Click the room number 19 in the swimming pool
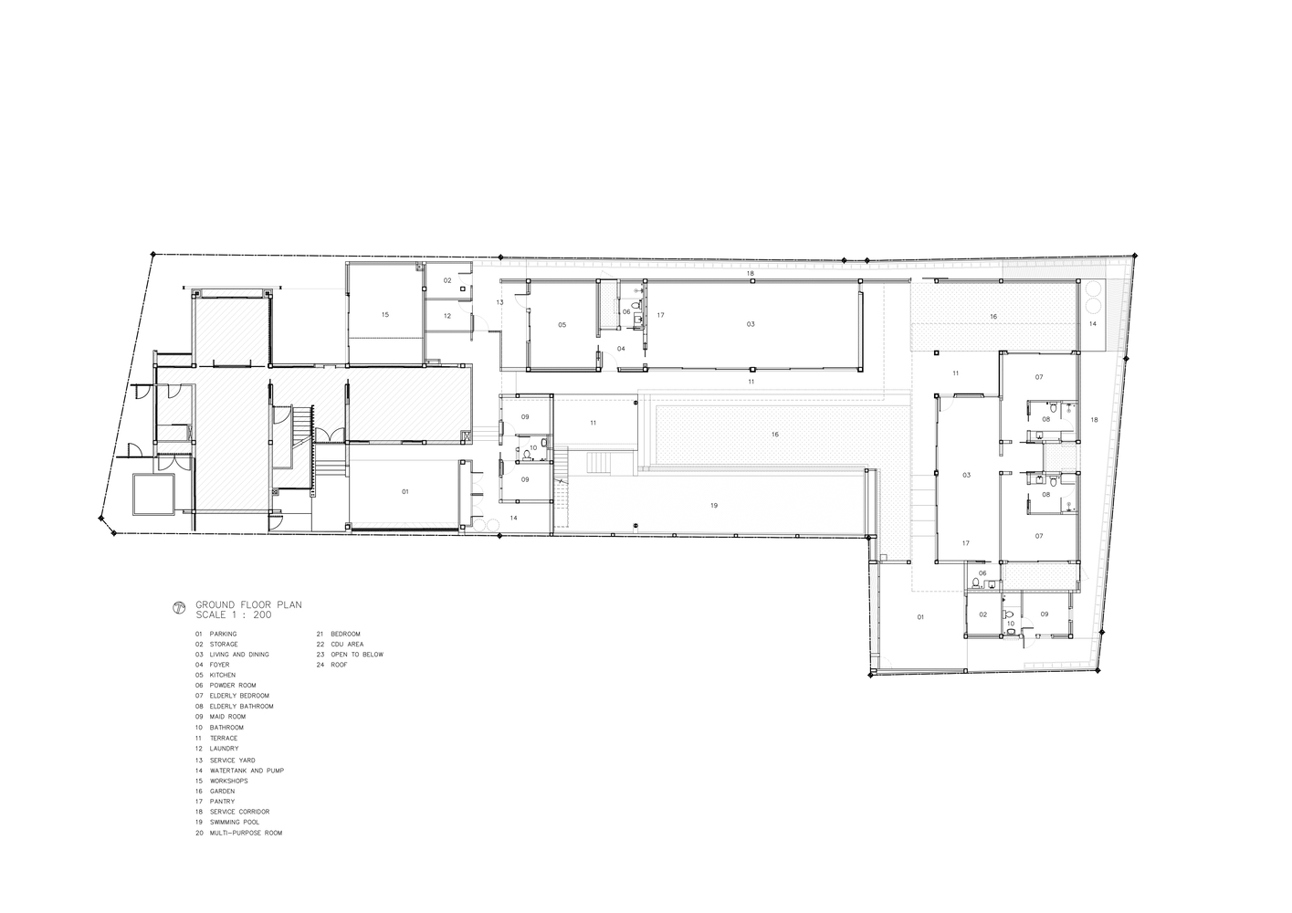click(714, 506)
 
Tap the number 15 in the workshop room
click(385, 315)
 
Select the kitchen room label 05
click(562, 325)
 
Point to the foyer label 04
click(621, 349)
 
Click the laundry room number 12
click(447, 316)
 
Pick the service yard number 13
click(499, 302)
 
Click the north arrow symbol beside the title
click(179, 608)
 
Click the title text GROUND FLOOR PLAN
click(248, 605)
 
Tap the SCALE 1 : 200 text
click(234, 614)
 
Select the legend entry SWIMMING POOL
click(235, 823)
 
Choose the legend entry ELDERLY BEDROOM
click(239, 696)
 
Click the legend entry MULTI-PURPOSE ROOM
click(247, 834)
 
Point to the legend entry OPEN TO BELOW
click(357, 655)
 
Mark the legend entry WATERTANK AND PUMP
click(247, 771)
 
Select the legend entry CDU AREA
click(347, 645)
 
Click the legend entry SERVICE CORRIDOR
click(240, 812)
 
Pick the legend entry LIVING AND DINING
click(239, 655)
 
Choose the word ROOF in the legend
click(339, 665)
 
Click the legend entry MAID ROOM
click(228, 717)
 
